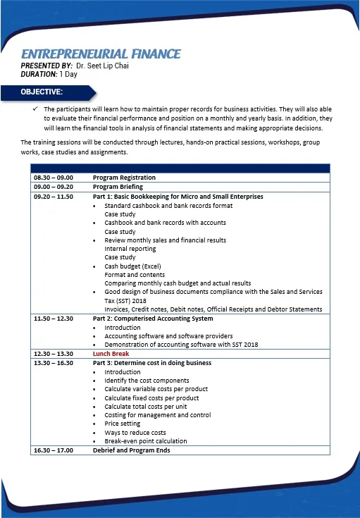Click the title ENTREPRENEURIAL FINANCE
pos(101,54)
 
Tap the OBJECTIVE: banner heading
pos(42,92)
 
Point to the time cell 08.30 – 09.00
pos(54,178)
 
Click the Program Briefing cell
pos(118,187)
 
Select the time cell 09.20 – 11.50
pos(54,196)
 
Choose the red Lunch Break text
pos(111,354)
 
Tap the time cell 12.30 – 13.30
pos(54,354)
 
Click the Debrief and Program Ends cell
pos(131,450)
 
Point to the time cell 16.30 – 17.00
pos(54,450)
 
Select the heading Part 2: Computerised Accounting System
pos(152,319)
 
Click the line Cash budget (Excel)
pos(132,266)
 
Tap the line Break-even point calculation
pos(146,441)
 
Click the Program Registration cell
pos(124,178)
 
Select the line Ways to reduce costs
pos(135,432)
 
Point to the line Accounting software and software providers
pos(168,336)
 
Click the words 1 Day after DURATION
pos(69,74)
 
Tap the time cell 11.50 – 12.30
pos(54,319)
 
